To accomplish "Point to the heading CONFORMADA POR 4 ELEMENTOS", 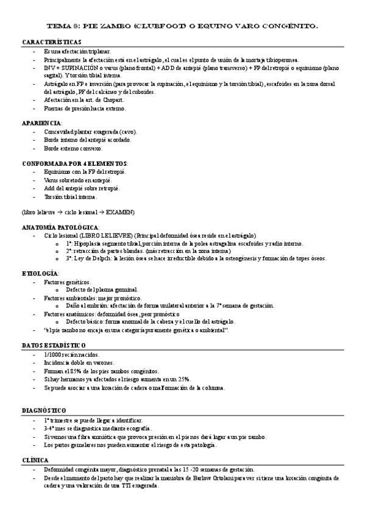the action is [74, 164].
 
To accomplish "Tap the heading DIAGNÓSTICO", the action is [44, 410].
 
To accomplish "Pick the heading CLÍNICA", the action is [35, 461].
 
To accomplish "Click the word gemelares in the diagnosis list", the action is [78, 445].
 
